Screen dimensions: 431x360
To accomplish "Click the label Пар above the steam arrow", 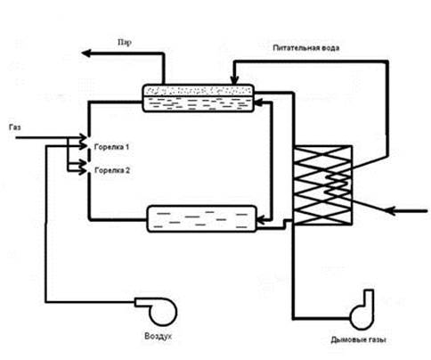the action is pyautogui.click(x=125, y=43).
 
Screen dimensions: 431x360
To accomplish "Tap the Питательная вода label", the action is pyautogui.click(x=306, y=48).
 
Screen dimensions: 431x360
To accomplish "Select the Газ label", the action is pyautogui.click(x=15, y=127).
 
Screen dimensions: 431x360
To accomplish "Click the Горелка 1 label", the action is pyautogui.click(x=111, y=147).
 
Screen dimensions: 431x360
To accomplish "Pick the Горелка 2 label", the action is pyautogui.click(x=112, y=170).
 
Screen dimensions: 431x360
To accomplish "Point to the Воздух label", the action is pyautogui.click(x=158, y=336).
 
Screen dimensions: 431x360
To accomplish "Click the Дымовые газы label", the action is pyautogui.click(x=358, y=340).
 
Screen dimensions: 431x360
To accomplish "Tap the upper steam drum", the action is pyautogui.click(x=199, y=98).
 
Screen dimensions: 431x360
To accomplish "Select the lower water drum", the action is pyautogui.click(x=201, y=218).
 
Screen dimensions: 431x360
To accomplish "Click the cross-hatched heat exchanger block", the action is pyautogui.click(x=322, y=184).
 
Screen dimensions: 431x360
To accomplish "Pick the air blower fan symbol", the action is pyautogui.click(x=158, y=311).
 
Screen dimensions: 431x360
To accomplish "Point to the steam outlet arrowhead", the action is pyautogui.click(x=86, y=53).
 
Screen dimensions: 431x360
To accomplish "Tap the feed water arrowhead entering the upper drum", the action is pyautogui.click(x=234, y=80).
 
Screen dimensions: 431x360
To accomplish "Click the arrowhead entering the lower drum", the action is pyautogui.click(x=260, y=220).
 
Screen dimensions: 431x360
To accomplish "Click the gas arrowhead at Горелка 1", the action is pyautogui.click(x=83, y=138).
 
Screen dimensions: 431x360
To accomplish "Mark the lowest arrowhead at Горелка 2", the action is pyautogui.click(x=83, y=171).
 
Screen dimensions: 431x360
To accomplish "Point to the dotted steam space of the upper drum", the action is pyautogui.click(x=199, y=90).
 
